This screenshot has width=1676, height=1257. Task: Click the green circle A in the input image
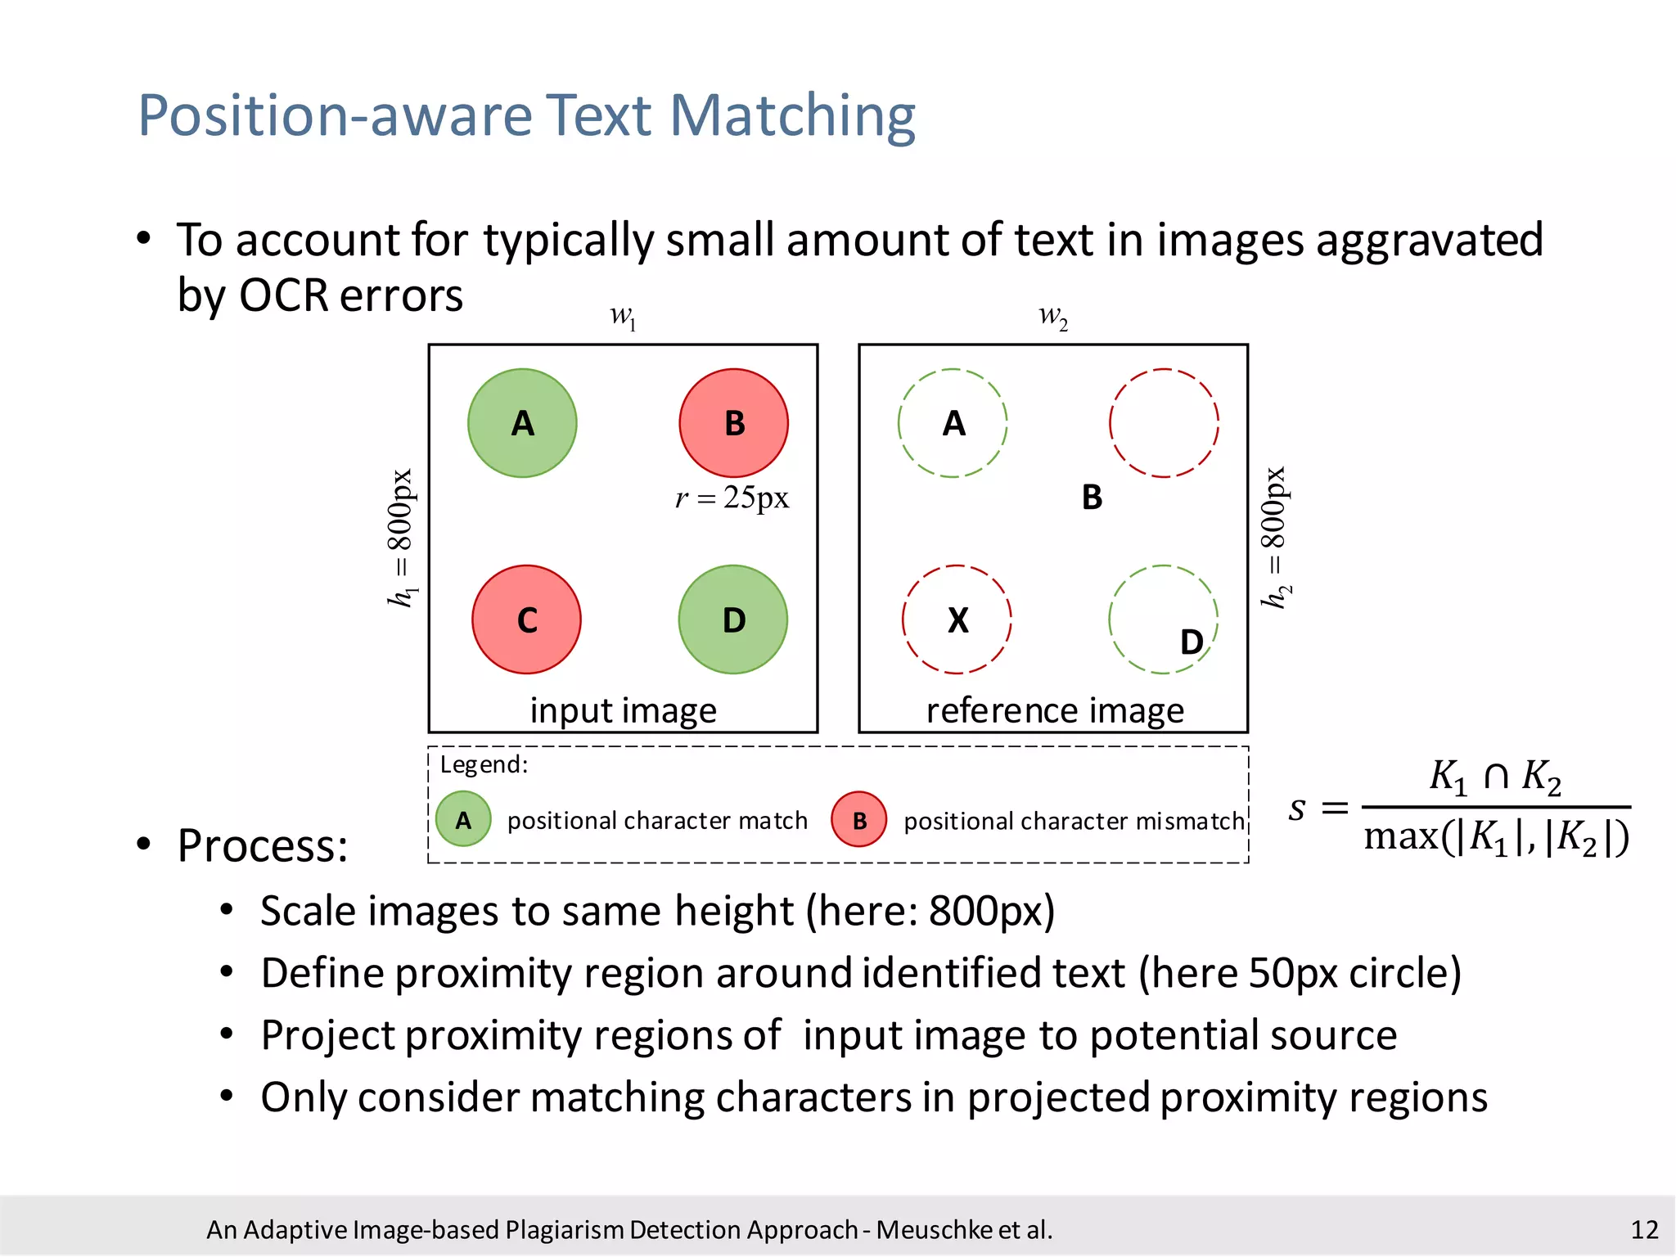[x=522, y=423]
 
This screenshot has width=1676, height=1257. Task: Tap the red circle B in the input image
[x=733, y=423]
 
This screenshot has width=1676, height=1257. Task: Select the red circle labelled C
[x=526, y=619]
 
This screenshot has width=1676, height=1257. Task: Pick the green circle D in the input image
[x=733, y=619]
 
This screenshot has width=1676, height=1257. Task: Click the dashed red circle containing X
[x=957, y=619]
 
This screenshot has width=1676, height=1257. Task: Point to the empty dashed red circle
[x=1164, y=423]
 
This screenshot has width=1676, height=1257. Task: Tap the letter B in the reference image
[x=1092, y=498]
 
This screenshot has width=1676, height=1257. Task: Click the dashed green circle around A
[x=953, y=423]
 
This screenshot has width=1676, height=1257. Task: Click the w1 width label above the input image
[x=624, y=316]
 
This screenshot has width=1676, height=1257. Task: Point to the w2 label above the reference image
[x=1053, y=316]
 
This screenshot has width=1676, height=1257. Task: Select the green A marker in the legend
[x=463, y=819]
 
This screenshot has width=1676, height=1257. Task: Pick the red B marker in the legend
[x=858, y=819]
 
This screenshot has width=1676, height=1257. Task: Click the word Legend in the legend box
[x=483, y=764]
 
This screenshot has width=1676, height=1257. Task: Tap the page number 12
[x=1644, y=1229]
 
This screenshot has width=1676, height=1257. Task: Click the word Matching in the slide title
[x=792, y=115]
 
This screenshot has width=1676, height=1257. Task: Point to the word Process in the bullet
[x=262, y=845]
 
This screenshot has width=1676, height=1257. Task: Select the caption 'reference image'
[x=1055, y=710]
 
